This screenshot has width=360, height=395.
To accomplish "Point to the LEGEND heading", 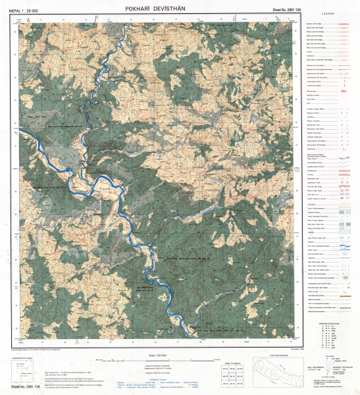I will pyautogui.click(x=328, y=14).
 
